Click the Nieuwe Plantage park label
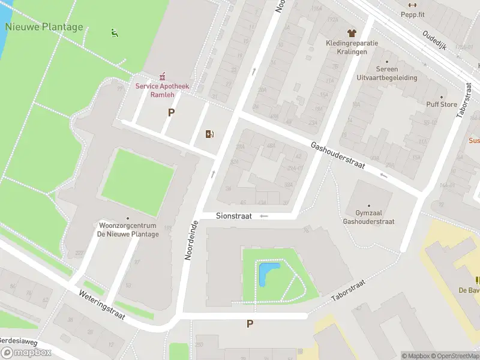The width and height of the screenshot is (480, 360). [44, 27]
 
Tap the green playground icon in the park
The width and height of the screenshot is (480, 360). [114, 32]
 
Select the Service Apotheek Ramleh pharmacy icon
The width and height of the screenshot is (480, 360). [162, 76]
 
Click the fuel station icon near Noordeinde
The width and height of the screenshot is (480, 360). [209, 134]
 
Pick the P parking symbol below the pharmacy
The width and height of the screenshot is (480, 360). [171, 112]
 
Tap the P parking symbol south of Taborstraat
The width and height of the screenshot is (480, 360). [250, 324]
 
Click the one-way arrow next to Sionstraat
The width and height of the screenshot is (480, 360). [263, 216]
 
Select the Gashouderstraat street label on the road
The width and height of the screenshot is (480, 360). [338, 155]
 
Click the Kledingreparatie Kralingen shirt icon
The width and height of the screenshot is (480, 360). [351, 33]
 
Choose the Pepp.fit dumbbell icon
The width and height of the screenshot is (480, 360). [412, 5]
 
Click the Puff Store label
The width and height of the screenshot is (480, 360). [441, 104]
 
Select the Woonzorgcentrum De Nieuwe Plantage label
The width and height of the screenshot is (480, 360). [128, 230]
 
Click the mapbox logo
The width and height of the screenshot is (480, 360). [26, 352]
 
